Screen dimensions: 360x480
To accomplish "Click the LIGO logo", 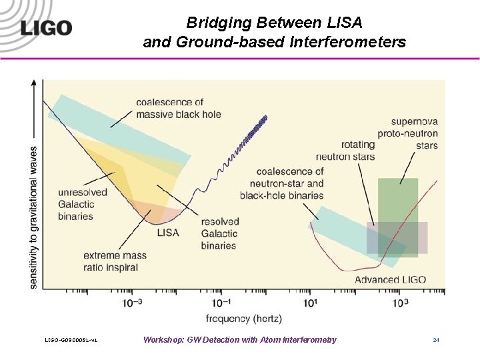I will pos(45,28).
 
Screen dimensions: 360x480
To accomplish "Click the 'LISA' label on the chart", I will pos(167,233).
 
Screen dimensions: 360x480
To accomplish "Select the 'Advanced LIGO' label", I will pos(390,279).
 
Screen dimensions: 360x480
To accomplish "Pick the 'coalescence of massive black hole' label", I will pos(178,108).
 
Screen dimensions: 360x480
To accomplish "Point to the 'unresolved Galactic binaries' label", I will pos(83,204).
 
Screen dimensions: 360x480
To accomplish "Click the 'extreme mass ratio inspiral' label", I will pos(111,261).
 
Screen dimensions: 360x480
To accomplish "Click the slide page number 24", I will pos(435,340).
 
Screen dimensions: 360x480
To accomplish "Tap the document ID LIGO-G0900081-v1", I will pos(71,341).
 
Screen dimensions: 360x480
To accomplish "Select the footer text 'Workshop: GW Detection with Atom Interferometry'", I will pos(240,340).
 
